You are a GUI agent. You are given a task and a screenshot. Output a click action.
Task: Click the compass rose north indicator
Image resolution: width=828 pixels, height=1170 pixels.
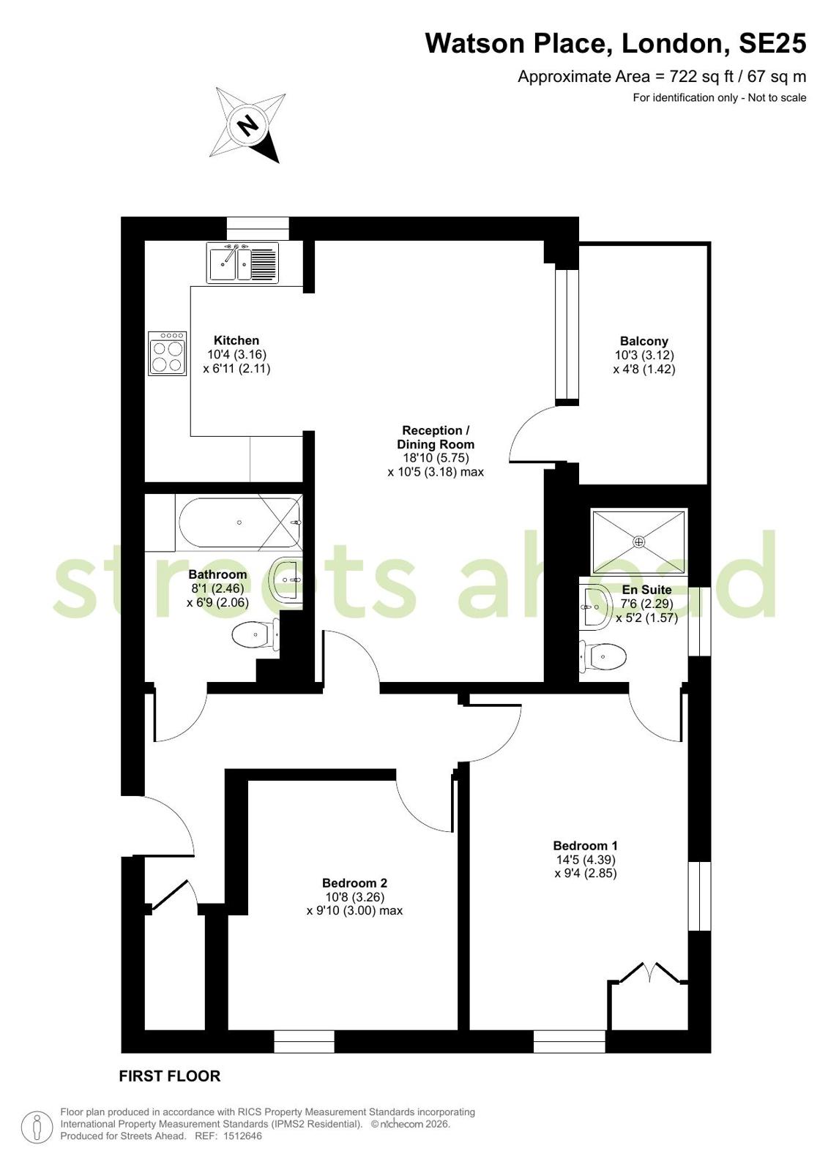tap(247, 125)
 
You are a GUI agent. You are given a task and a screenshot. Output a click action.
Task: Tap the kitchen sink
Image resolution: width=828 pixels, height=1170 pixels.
tap(242, 263)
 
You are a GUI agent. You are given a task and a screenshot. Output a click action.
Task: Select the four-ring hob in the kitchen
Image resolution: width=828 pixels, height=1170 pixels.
tap(167, 353)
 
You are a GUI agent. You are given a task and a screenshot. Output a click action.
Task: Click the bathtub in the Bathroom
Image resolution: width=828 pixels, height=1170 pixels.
tap(240, 523)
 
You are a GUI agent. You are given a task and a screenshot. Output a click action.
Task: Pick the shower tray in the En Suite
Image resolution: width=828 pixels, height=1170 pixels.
tap(638, 542)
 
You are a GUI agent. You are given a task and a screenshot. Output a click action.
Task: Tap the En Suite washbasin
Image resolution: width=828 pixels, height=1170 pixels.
tap(595, 607)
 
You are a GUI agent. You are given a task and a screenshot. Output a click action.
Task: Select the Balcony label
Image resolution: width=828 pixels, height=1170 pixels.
tap(644, 341)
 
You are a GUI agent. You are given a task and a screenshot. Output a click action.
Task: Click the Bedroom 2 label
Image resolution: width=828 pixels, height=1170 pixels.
tap(354, 883)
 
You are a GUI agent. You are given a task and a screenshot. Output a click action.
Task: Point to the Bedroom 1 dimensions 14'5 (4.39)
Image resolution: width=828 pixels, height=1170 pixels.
tap(586, 859)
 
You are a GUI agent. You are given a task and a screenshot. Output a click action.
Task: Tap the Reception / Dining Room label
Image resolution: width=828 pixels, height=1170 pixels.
tap(436, 437)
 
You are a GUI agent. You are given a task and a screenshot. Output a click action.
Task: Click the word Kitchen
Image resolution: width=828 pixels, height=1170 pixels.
tap(236, 340)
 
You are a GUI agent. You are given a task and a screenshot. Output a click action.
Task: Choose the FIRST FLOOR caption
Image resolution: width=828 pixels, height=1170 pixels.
tap(170, 1076)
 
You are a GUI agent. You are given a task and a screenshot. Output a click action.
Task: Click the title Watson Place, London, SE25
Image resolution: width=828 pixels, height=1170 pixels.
tap(616, 43)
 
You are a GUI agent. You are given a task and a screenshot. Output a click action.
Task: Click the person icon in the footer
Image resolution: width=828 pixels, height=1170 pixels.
tap(37, 1128)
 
